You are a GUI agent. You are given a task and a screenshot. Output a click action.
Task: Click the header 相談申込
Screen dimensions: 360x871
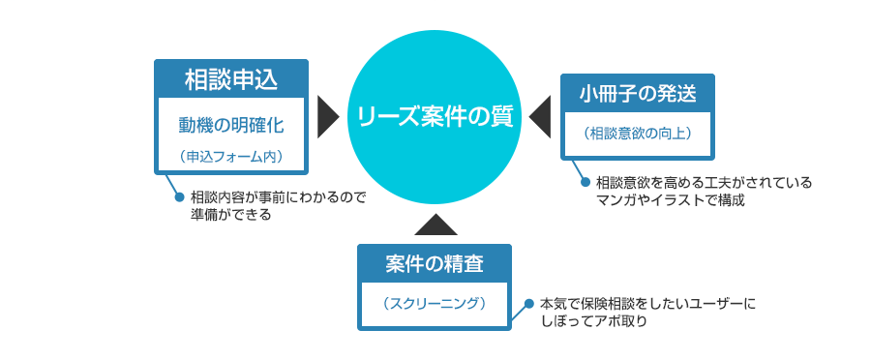pos(231,79)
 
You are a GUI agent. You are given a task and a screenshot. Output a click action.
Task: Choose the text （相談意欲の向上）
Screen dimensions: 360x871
pos(638,133)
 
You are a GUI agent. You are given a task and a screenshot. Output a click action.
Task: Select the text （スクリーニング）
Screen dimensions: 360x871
pos(435,304)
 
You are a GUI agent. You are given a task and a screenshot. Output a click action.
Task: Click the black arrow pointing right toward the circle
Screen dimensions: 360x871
pos(329,117)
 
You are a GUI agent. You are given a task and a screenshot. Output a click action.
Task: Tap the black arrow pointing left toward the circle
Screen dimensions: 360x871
pos(539,117)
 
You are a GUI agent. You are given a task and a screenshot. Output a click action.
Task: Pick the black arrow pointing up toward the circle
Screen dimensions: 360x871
pos(435,225)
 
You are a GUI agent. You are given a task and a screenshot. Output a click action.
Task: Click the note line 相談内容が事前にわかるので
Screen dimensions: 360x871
pos(279,196)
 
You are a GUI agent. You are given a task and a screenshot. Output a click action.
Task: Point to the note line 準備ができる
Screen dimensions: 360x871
pos(231,215)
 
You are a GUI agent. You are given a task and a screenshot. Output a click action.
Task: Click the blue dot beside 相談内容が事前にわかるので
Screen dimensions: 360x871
pos(178,196)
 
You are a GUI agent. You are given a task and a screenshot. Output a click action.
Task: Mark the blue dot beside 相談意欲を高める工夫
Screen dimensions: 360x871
pos(584,181)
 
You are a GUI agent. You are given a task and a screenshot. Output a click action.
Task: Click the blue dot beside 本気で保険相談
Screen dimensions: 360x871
pos(528,304)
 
